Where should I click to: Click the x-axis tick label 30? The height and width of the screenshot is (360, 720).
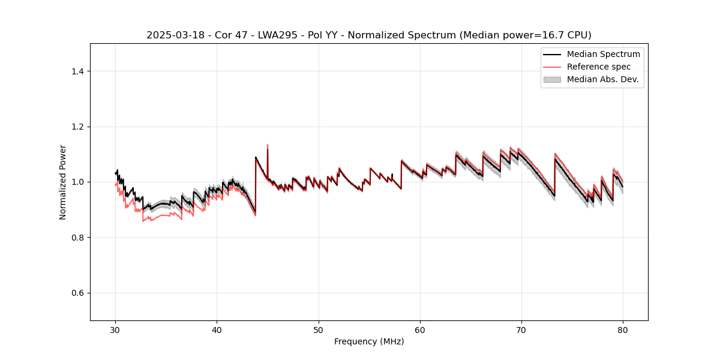(116, 330)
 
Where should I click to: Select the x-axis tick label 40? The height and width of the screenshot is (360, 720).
(217, 330)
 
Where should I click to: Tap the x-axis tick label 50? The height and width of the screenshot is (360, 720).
(319, 330)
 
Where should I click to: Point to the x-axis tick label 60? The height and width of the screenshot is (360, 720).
(420, 330)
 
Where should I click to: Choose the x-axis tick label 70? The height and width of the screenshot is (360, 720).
(521, 330)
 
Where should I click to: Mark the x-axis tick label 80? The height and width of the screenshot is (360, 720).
(623, 330)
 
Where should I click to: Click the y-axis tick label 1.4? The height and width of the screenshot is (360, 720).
(77, 71)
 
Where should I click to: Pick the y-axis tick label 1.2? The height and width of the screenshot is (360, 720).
(77, 127)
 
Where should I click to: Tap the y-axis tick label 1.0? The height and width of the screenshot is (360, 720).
(77, 182)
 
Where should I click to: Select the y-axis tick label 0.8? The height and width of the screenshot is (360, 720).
(77, 238)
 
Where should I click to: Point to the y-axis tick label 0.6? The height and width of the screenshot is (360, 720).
(77, 293)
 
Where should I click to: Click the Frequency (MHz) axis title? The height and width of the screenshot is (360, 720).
(369, 341)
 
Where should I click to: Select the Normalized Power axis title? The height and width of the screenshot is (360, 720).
(63, 182)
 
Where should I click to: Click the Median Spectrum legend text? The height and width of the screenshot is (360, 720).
(603, 54)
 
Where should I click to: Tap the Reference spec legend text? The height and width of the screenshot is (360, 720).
(599, 67)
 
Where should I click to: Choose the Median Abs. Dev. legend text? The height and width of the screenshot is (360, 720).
(603, 79)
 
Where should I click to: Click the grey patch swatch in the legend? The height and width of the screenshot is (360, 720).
(552, 79)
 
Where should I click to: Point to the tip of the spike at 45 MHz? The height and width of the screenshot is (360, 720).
(268, 144)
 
